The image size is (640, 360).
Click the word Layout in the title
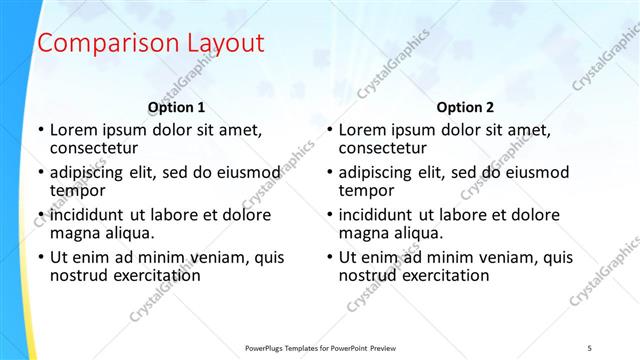click(226, 44)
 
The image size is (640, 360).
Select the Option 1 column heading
click(177, 107)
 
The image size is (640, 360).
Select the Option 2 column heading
click(465, 107)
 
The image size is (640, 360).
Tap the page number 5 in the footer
click(590, 347)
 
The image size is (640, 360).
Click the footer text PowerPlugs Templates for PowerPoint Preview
click(319, 347)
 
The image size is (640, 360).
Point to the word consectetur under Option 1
click(95, 148)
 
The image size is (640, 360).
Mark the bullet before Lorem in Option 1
click(40, 130)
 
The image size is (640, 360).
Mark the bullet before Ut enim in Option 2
click(329, 257)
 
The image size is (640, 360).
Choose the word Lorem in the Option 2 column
click(361, 130)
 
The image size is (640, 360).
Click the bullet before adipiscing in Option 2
click(329, 173)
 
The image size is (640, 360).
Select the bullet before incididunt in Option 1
click(40, 215)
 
